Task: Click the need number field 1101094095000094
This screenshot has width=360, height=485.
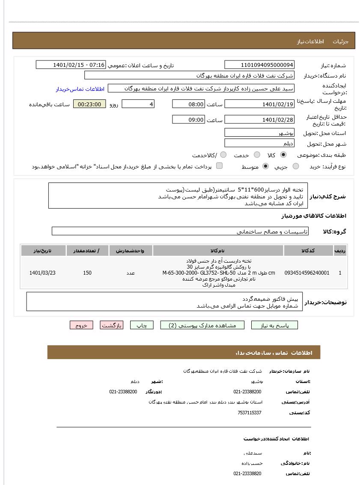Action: pos(259,65)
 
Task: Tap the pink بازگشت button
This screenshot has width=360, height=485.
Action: pos(112,325)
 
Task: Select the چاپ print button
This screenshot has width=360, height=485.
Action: pos(142,325)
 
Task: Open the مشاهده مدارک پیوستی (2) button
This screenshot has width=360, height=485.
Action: pos(202,325)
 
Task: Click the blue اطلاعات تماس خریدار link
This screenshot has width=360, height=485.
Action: pos(80,89)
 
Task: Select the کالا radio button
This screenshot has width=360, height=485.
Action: pos(283,155)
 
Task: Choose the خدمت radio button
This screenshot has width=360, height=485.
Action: pos(257,155)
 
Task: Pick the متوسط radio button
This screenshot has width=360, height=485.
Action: pos(266,166)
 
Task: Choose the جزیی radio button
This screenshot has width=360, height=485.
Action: pos(296,166)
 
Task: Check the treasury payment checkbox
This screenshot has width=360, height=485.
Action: pos(219,166)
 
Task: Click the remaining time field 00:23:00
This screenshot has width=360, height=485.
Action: pos(89,104)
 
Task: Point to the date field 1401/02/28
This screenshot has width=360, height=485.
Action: pos(259,120)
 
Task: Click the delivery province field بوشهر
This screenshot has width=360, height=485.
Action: pos(259,133)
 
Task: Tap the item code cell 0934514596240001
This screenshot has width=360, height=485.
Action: pos(307,273)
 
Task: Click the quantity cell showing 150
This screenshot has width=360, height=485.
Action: pos(87,273)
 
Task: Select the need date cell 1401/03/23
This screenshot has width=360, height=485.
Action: pos(42,273)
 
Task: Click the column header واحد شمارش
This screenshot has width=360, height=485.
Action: pos(131,251)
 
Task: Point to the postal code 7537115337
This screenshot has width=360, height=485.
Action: pos(249,413)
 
